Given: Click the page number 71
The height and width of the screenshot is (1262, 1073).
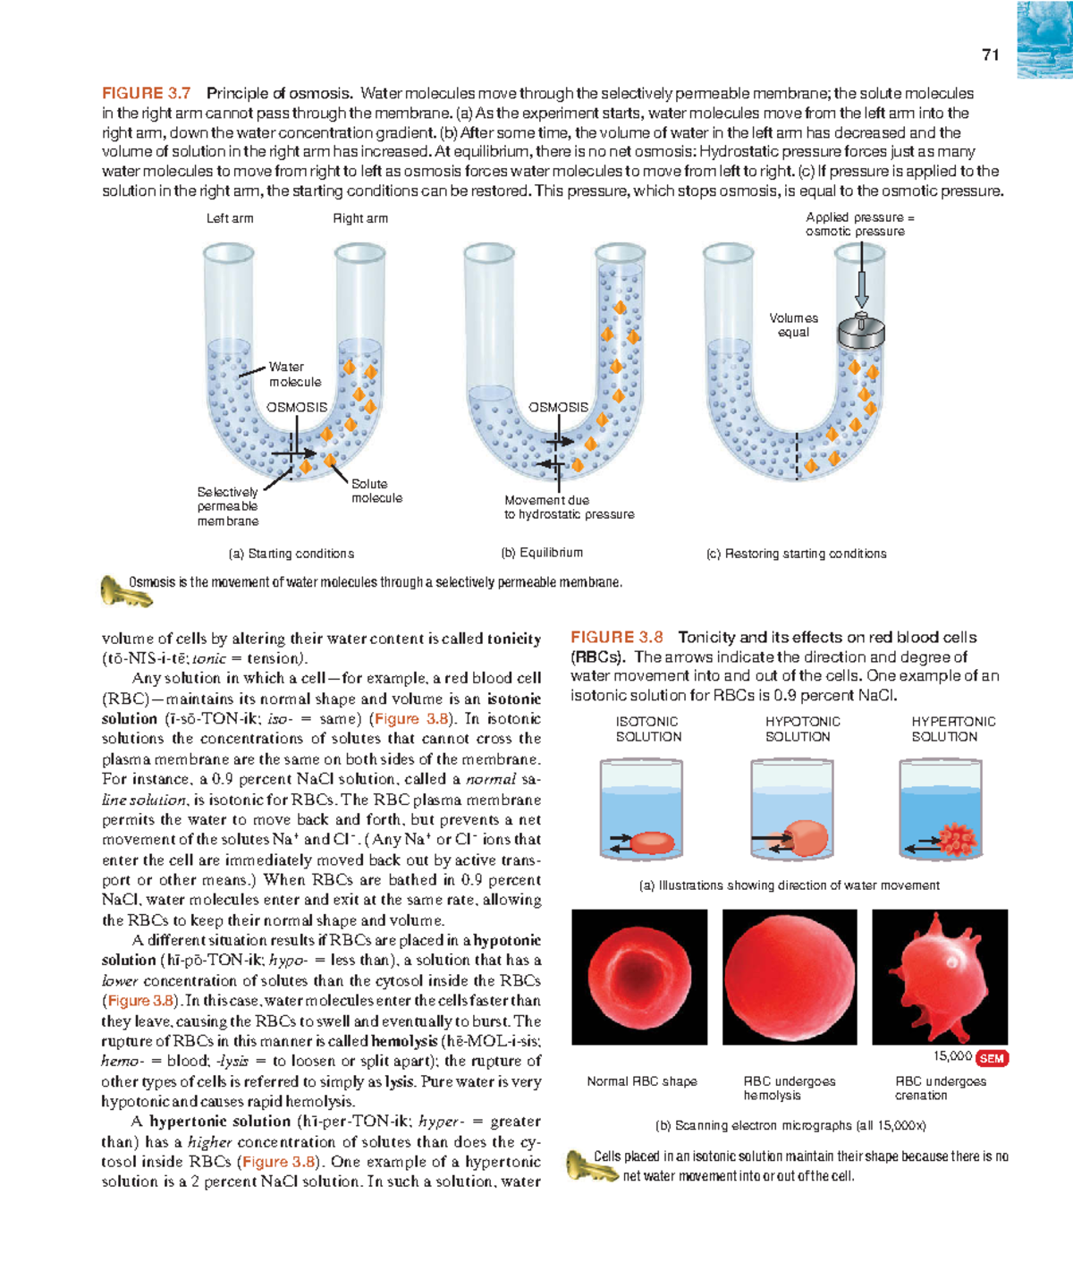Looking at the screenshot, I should pyautogui.click(x=990, y=55).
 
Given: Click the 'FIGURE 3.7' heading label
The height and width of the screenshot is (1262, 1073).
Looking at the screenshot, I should pyautogui.click(x=146, y=93).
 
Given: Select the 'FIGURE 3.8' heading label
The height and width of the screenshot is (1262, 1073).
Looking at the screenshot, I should pyautogui.click(x=616, y=637).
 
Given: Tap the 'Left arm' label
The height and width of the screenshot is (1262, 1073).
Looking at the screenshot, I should pyautogui.click(x=230, y=218).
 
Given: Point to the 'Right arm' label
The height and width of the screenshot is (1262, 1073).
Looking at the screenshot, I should pyautogui.click(x=360, y=218).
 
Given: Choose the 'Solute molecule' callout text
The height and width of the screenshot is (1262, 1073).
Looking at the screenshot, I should pyautogui.click(x=376, y=491).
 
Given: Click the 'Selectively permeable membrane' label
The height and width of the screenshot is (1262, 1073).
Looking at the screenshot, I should pyautogui.click(x=228, y=506).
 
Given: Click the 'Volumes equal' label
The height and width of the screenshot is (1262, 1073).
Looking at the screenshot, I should pyautogui.click(x=793, y=325).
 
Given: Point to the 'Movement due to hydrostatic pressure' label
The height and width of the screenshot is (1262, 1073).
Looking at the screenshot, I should pyautogui.click(x=569, y=507).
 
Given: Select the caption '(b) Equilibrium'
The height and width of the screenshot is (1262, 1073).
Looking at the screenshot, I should pyautogui.click(x=542, y=553).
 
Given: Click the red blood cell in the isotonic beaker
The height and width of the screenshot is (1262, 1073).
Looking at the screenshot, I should pyautogui.click(x=653, y=842).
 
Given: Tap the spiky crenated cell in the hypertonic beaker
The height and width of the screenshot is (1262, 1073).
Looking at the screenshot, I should pyautogui.click(x=958, y=839).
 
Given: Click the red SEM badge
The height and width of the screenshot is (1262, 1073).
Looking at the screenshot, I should pyautogui.click(x=992, y=1058).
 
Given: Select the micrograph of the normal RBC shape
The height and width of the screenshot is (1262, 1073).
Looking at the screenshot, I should pyautogui.click(x=639, y=977).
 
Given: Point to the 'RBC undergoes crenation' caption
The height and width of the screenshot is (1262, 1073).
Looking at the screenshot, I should pyautogui.click(x=940, y=1088).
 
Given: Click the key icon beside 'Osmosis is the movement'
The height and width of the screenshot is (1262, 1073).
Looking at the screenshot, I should pyautogui.click(x=114, y=590).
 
